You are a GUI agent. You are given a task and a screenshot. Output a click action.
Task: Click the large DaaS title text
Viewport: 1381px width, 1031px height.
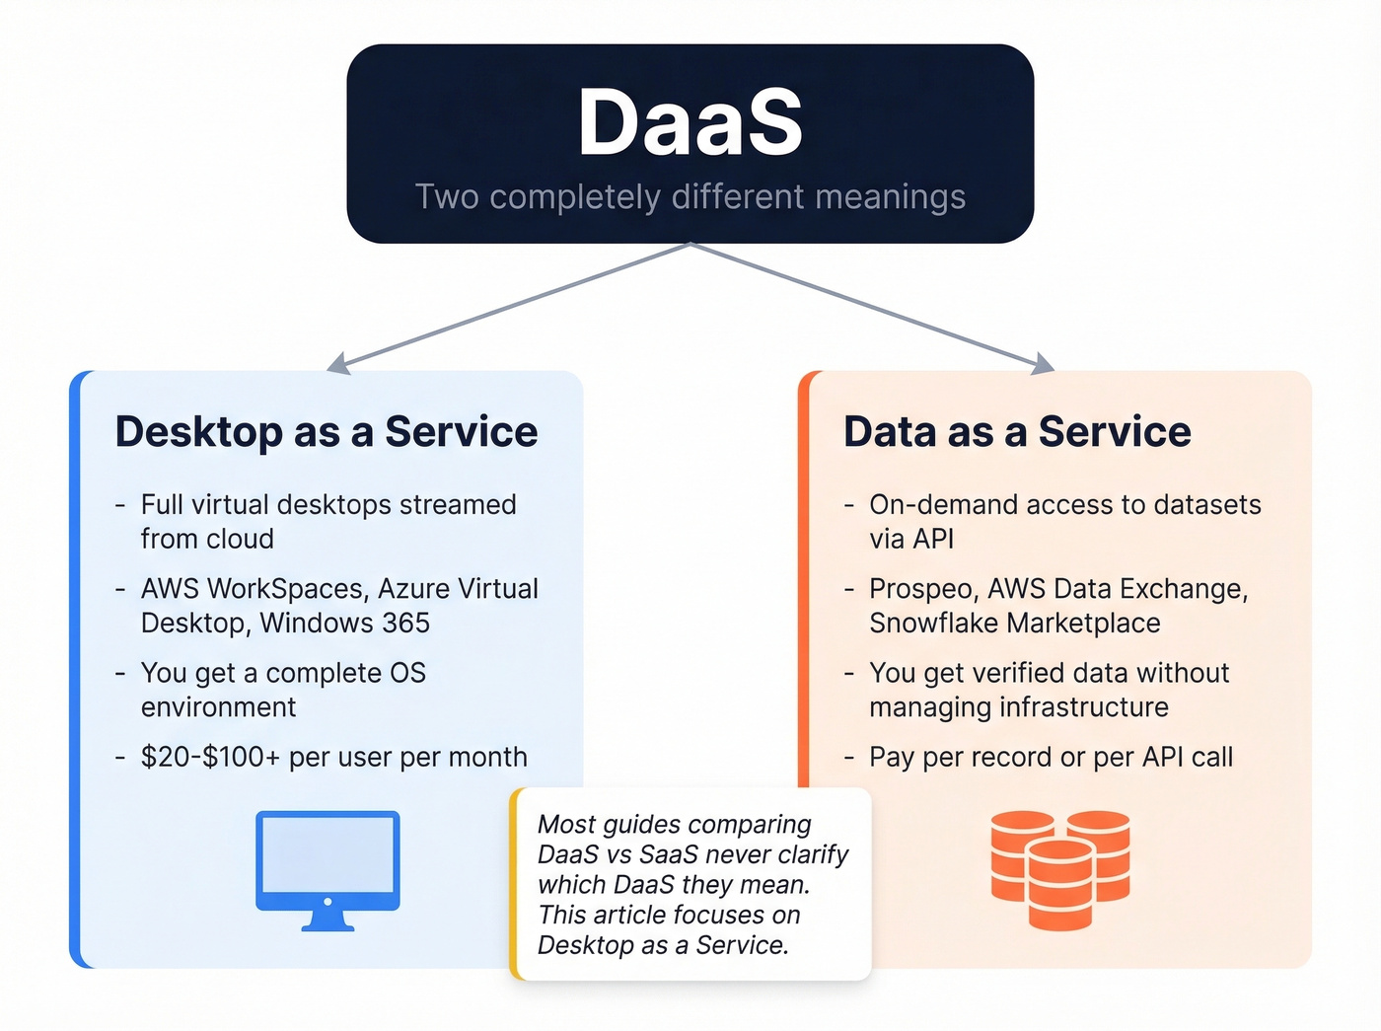coord(690,122)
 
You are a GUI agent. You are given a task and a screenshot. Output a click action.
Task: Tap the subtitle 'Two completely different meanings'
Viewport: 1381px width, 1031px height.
coord(690,196)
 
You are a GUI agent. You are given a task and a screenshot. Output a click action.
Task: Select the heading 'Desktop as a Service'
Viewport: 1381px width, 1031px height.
coord(327,432)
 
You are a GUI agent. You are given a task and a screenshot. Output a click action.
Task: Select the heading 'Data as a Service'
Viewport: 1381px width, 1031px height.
coord(1017,432)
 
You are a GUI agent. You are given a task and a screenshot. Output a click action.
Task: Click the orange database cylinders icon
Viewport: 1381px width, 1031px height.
coord(1060,869)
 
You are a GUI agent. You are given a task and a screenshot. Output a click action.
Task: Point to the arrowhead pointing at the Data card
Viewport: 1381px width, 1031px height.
coord(1044,364)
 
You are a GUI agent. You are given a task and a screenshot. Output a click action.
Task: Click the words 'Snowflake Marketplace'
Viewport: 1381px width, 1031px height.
coord(1014,624)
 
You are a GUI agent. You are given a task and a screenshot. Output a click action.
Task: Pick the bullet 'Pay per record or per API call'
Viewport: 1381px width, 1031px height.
coord(1051,758)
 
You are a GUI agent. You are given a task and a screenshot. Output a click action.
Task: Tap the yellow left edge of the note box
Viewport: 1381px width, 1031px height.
coord(514,884)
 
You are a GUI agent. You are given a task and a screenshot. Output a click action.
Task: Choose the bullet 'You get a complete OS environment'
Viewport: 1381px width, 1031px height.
coord(283,690)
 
